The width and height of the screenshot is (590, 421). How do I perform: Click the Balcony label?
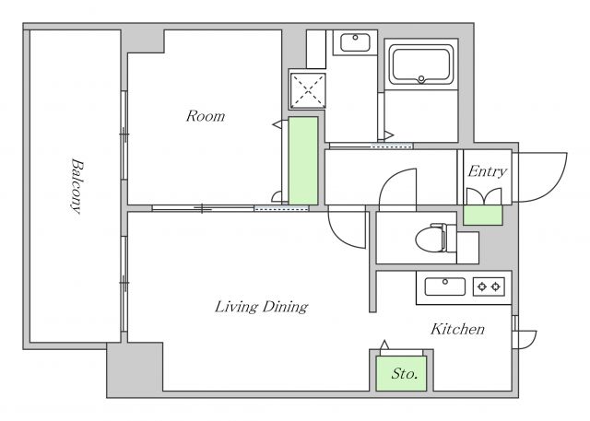(77, 186)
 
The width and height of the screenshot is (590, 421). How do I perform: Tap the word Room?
(206, 116)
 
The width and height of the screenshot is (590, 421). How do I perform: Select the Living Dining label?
(262, 307)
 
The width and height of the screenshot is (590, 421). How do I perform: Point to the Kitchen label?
(457, 329)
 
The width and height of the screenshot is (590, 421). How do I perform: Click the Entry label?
(488, 171)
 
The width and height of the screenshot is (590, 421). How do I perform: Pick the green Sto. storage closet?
(401, 374)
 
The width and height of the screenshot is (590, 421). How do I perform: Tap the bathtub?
(421, 64)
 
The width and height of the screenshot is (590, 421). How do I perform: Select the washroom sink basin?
(355, 42)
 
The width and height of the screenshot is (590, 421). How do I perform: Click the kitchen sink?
(445, 287)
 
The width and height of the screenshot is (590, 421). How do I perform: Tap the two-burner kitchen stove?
(489, 287)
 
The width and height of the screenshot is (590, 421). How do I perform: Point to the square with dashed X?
(308, 90)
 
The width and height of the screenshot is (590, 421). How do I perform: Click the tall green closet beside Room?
(303, 161)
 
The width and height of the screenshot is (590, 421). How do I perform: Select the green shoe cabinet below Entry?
(483, 216)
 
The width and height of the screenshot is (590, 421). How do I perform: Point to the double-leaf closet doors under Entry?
(484, 196)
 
